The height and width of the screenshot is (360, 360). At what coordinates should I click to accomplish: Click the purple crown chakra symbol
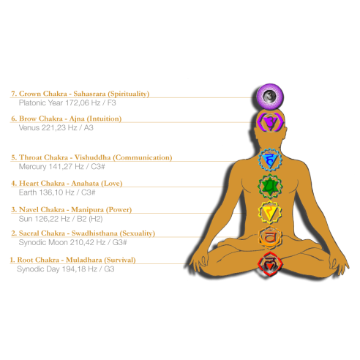[270, 96]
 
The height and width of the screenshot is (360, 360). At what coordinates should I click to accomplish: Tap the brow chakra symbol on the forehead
[271, 121]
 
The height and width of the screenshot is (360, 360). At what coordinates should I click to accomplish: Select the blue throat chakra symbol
[270, 160]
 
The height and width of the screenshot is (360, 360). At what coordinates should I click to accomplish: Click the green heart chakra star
[270, 187]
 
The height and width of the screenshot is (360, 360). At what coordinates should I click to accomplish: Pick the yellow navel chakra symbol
[270, 212]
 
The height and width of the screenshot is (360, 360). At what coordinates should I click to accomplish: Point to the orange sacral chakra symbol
[270, 238]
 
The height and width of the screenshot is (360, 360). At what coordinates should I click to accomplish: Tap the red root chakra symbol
[270, 264]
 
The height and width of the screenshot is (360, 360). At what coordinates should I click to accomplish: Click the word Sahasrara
[89, 94]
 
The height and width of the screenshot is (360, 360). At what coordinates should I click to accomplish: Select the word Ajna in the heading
[77, 119]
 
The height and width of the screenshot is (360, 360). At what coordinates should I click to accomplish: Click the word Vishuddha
[92, 157]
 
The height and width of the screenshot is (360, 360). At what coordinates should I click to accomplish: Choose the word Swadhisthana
[94, 233]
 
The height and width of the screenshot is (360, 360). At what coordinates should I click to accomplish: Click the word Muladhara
[84, 260]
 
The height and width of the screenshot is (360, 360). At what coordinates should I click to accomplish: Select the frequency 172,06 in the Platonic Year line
[78, 103]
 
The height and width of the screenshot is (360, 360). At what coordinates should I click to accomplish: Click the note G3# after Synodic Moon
[119, 242]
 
